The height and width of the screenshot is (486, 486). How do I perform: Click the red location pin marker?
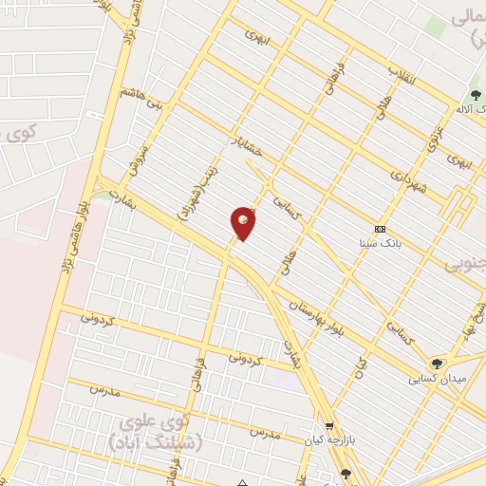pyautogui.click(x=244, y=223)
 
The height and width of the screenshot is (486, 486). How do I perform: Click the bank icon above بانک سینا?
pyautogui.click(x=381, y=229)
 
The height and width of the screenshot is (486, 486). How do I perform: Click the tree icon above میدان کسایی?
pyautogui.click(x=437, y=362)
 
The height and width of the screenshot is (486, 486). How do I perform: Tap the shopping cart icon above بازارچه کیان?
pyautogui.click(x=329, y=428)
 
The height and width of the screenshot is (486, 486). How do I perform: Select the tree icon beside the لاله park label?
pyautogui.click(x=474, y=95)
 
